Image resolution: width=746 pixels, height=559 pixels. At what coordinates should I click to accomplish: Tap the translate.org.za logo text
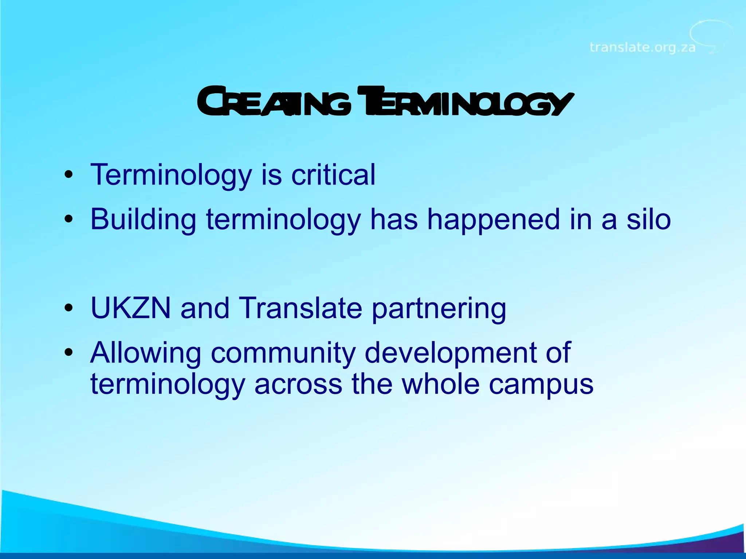click(642, 48)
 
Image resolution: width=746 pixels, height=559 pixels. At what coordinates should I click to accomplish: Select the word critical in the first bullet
click(333, 175)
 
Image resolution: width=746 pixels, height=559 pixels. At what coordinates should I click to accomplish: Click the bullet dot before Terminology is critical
click(68, 175)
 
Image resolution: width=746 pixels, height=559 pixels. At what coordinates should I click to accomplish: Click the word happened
click(493, 220)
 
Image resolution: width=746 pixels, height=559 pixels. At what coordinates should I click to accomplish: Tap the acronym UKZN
click(130, 308)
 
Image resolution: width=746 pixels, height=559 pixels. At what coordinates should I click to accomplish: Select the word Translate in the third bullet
click(300, 308)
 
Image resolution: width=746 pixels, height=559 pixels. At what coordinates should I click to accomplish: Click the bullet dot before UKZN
click(68, 308)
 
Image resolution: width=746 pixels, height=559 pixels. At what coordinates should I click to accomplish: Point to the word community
click(283, 353)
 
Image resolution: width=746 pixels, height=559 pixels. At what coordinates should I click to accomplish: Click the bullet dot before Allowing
click(68, 353)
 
